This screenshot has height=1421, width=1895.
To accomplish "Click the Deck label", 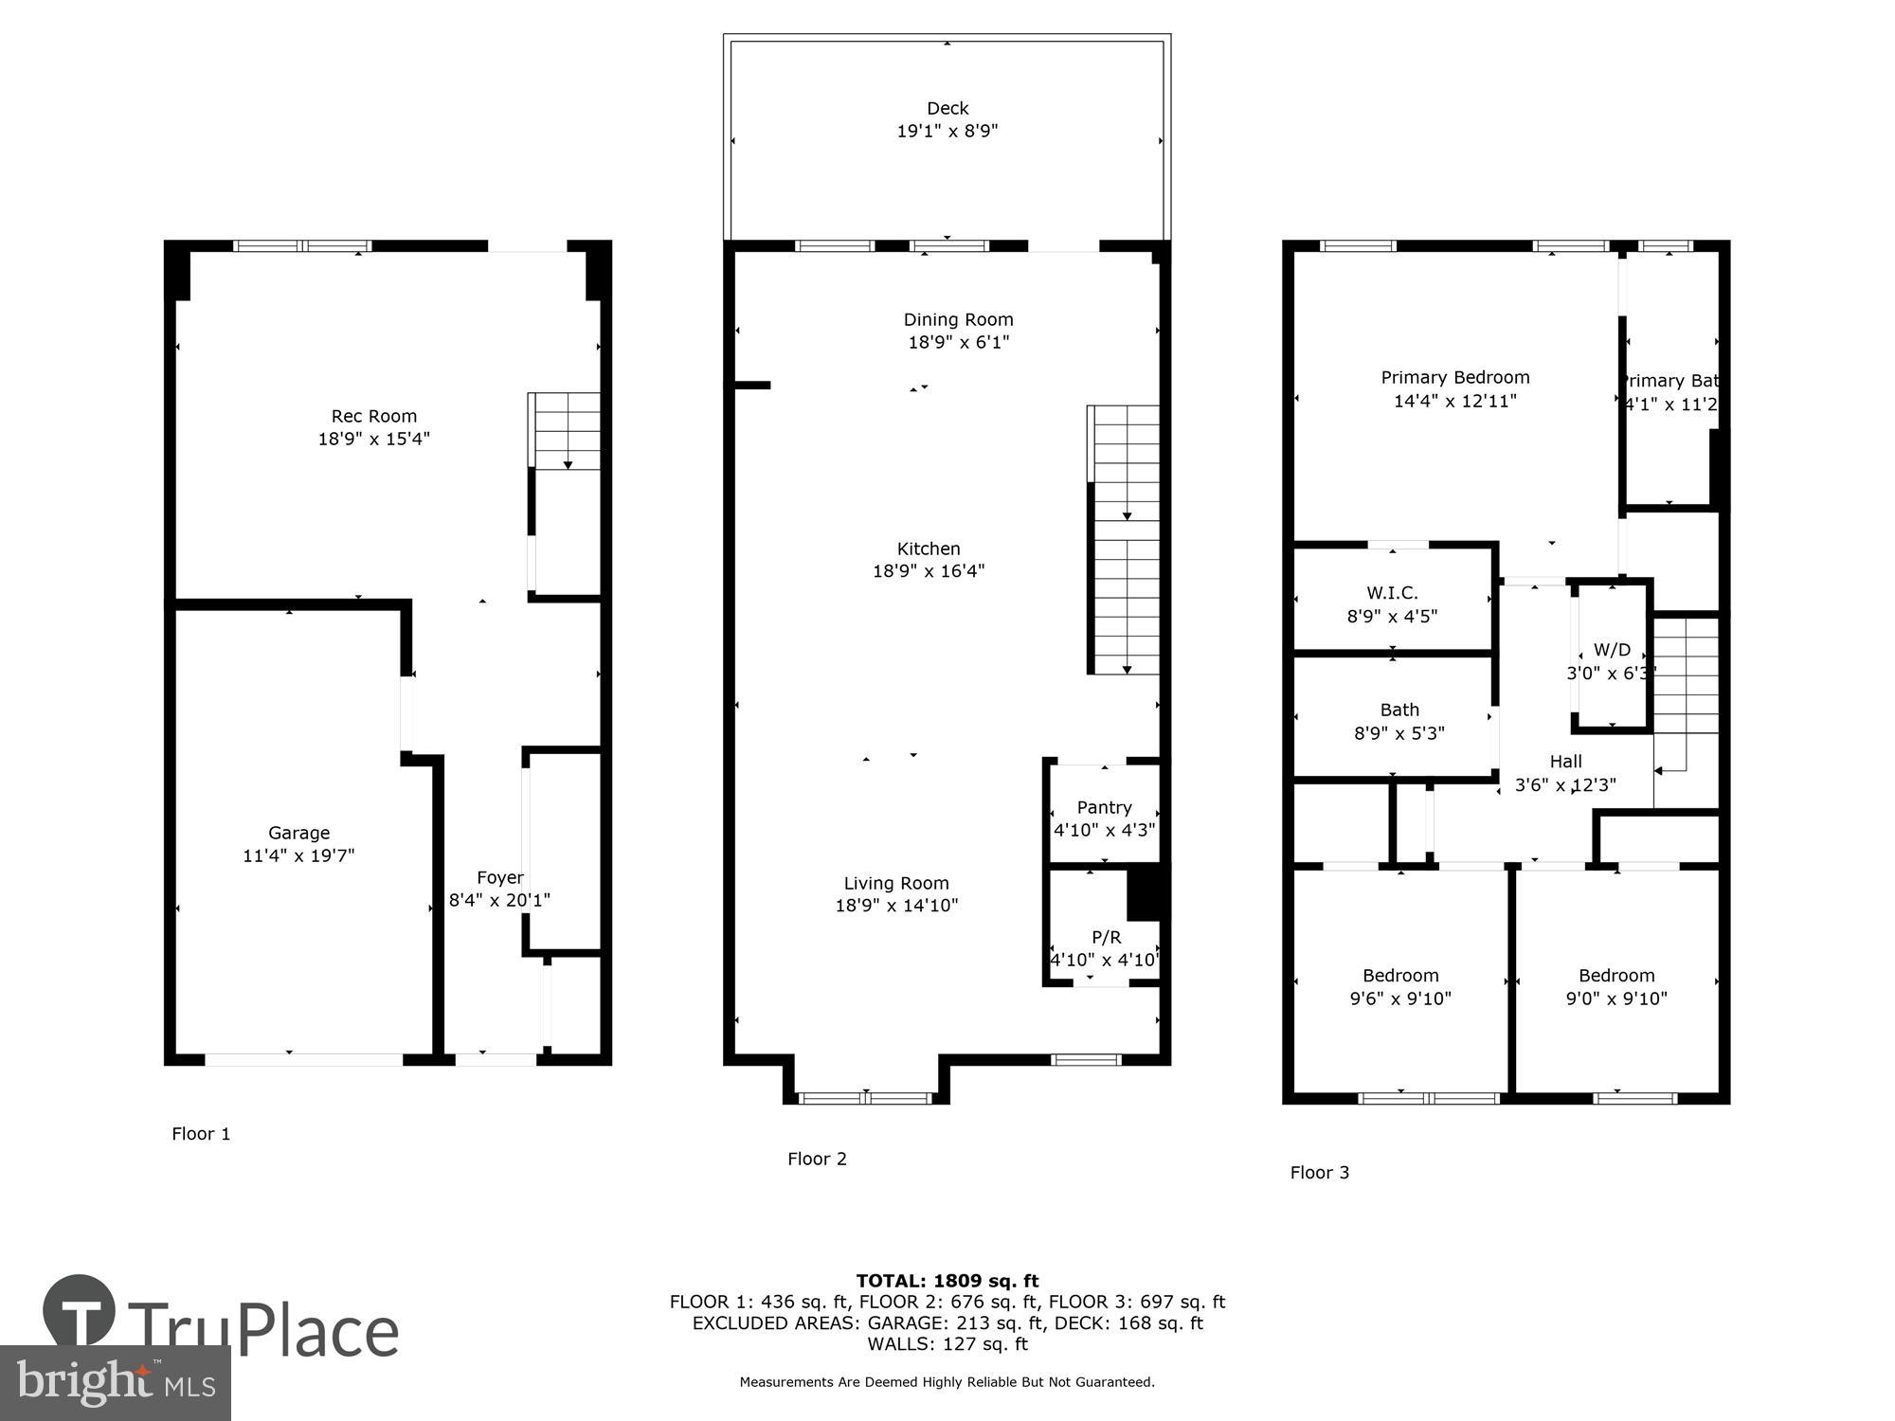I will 947,108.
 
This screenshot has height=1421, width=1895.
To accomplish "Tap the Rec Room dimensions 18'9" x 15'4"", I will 373,439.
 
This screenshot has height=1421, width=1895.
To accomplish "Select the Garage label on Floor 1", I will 298,833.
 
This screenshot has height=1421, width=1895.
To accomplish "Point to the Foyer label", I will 499,877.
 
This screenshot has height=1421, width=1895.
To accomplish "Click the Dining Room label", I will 958,319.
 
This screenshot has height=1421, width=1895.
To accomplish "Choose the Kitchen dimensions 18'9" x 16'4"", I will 928,570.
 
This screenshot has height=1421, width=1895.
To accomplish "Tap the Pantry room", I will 1104,817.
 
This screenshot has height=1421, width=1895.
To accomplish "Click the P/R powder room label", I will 1106,937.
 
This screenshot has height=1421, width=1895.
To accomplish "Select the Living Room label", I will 895,883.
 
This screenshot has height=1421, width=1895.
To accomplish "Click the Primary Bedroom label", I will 1454,377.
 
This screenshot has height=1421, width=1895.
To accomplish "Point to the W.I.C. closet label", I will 1392,593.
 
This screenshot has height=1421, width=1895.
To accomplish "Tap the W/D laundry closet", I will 1611,658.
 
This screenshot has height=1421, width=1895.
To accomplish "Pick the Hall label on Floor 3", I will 1565,761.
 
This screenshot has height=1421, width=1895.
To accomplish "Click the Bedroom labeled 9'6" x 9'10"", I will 1400,986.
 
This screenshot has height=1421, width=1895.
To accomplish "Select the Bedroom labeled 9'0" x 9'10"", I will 1615,986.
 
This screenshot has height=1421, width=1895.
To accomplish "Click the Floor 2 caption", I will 817,1159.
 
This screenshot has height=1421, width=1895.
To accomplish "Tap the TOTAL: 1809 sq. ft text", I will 947,1281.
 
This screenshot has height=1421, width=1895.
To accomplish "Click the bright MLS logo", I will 116,1383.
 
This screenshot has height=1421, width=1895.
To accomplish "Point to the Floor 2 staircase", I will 1125,540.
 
